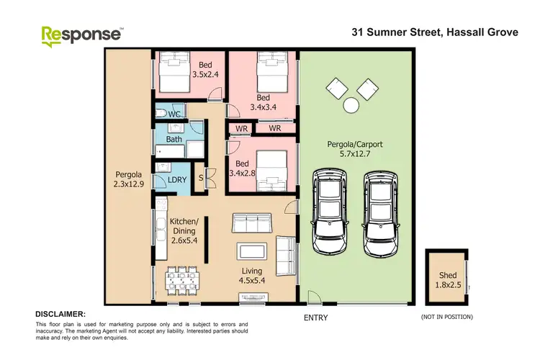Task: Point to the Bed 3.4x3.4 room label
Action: click(x=262, y=102)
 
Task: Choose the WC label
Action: click(x=174, y=114)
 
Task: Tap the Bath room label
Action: click(x=174, y=139)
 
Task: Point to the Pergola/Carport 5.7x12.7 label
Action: click(x=356, y=149)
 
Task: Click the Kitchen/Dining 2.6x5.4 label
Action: click(x=184, y=227)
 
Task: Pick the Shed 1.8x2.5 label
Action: click(x=447, y=280)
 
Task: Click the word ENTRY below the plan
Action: click(x=315, y=318)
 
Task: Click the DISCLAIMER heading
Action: click(x=60, y=315)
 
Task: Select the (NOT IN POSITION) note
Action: click(x=446, y=317)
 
